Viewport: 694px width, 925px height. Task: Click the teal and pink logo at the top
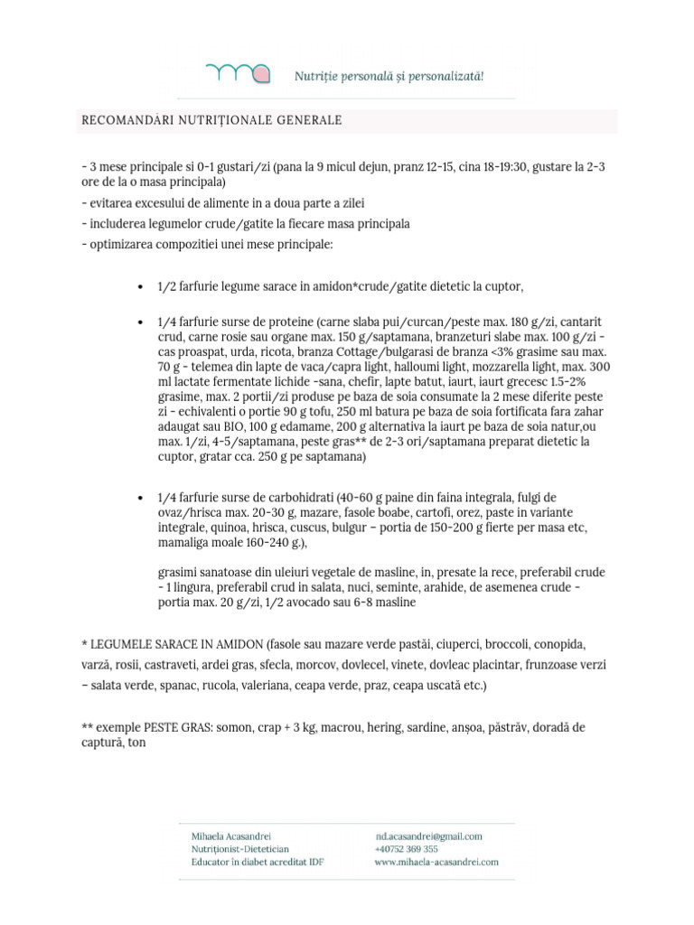[x=238, y=73]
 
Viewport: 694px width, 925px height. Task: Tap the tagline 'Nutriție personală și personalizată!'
[x=389, y=75]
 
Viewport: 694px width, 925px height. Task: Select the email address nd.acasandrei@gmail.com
[x=429, y=836]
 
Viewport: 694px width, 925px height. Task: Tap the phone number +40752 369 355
[x=407, y=849]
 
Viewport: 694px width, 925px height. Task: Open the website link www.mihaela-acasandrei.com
[x=436, y=862]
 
